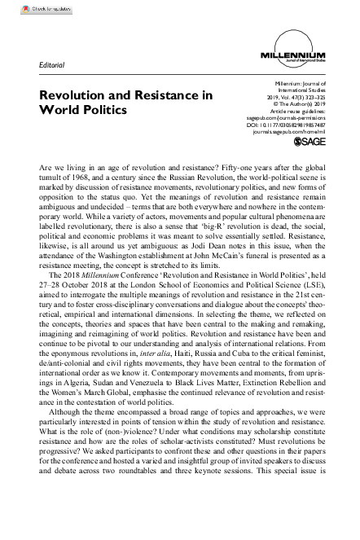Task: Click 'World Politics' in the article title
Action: (82, 109)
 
